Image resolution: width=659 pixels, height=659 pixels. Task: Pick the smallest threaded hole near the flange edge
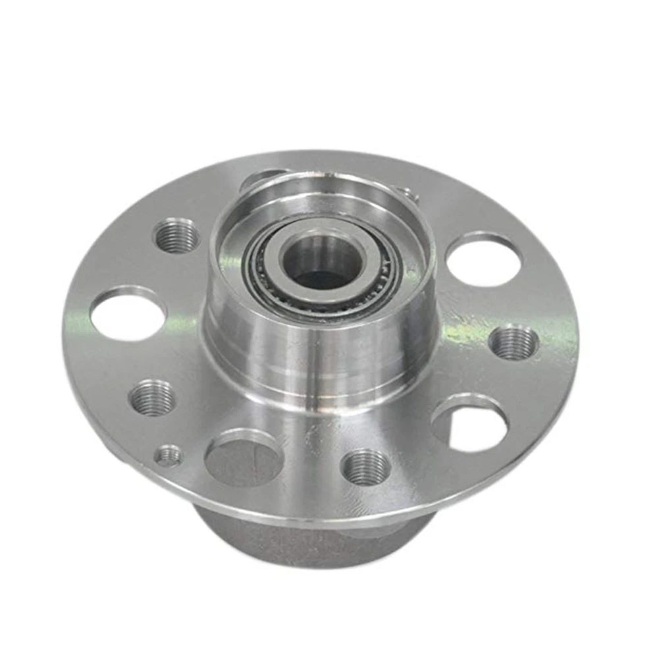pyautogui.click(x=169, y=456)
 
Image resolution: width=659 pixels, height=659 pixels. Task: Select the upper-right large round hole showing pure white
pyautogui.click(x=483, y=262)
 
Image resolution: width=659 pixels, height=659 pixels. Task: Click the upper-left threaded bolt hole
pyautogui.click(x=176, y=236)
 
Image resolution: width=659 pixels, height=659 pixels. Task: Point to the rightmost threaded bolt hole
pyautogui.click(x=514, y=343)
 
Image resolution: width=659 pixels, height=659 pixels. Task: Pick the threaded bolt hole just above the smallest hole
pyautogui.click(x=152, y=399)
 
